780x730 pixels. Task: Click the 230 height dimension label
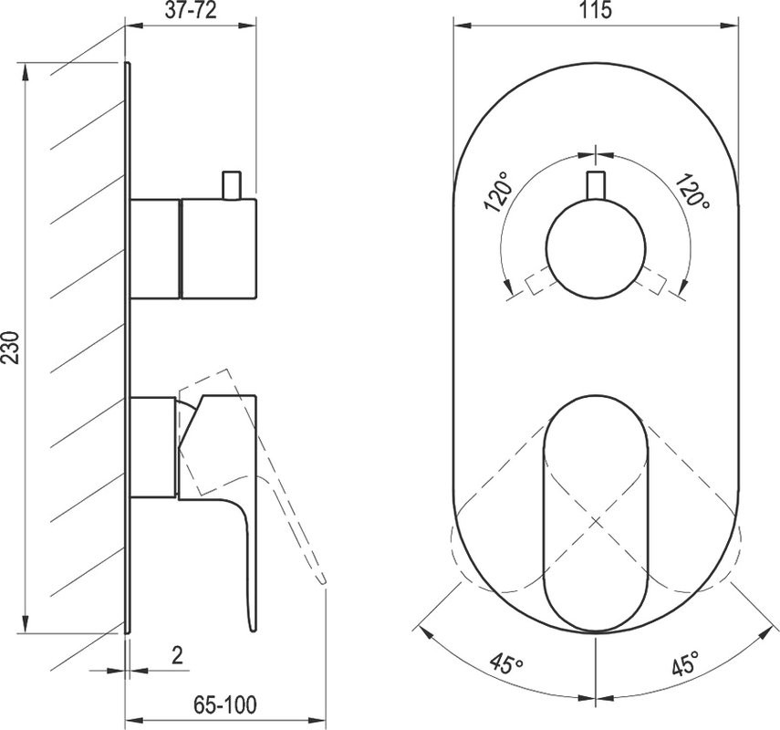(10, 348)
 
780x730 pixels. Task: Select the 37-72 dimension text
(191, 11)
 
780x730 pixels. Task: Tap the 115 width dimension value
(596, 10)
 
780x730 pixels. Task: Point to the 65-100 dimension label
(225, 704)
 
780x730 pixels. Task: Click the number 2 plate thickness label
(177, 655)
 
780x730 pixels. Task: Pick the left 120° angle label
(497, 192)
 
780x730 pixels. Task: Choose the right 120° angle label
(692, 191)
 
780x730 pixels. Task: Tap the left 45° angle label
(506, 663)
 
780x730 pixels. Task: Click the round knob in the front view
(596, 248)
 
